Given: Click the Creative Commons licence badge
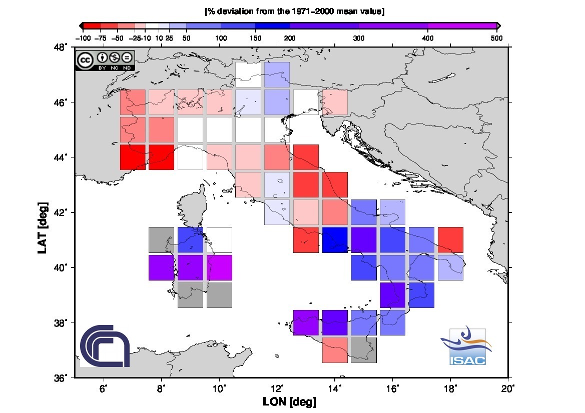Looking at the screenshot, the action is tap(105, 60).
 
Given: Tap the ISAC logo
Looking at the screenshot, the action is tap(466, 346).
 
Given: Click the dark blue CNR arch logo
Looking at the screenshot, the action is tap(105, 345).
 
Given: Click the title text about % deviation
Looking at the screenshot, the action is tap(295, 11).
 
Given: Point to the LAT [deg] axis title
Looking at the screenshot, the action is tap(43, 228).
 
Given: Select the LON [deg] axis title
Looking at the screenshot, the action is tap(290, 402).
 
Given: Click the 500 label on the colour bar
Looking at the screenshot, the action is tap(496, 38).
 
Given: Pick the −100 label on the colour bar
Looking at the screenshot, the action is tap(83, 38).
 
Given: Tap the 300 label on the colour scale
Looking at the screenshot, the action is tap(359, 38).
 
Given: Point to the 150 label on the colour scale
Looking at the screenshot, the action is tap(256, 38).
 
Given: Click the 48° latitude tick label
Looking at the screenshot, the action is tap(61, 47).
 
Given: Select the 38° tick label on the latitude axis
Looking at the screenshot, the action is tap(61, 323).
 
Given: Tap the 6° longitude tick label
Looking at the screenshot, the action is tap(104, 389).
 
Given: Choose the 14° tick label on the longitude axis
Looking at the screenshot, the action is tap(335, 389).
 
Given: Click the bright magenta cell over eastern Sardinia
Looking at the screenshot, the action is tap(219, 267).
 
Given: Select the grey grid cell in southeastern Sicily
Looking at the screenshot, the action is tap(364, 350).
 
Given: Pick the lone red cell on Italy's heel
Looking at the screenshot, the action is tap(450, 240).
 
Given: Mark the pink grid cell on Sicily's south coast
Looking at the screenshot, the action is tap(335, 350).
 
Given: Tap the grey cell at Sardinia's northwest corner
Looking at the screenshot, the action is tap(161, 240).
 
